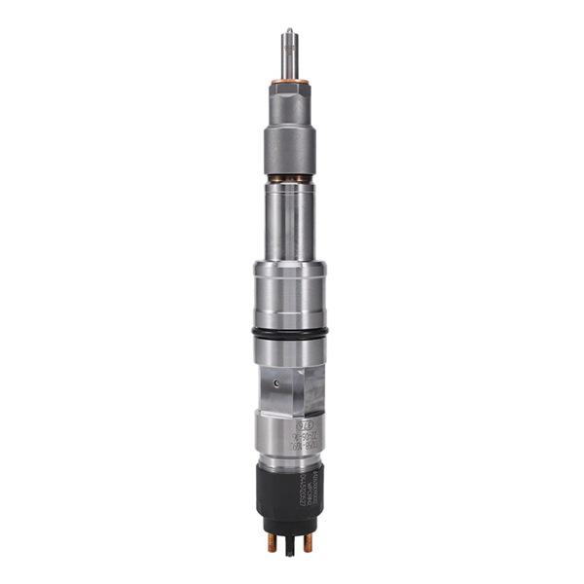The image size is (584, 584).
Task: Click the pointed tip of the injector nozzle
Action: tap(289, 31)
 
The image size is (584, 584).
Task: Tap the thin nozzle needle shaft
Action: tap(289, 54)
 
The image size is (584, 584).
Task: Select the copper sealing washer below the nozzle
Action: tap(289, 81)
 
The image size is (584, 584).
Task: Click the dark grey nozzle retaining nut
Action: tap(289, 146)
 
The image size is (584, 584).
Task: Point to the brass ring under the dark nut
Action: tap(289, 178)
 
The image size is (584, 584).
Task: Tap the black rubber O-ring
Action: tap(289, 332)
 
